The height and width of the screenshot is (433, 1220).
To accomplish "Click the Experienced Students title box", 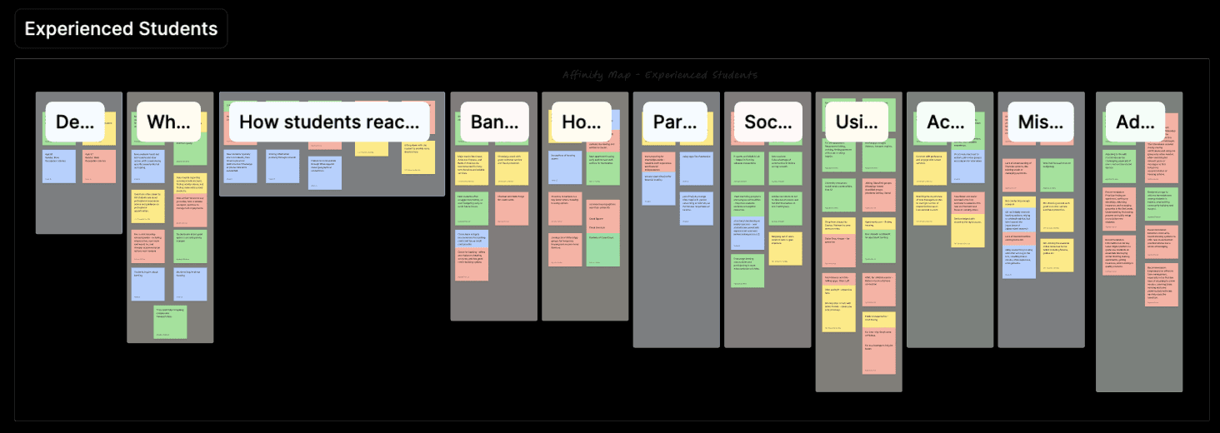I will click(121, 28).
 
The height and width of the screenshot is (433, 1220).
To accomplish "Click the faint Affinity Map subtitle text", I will click(659, 75).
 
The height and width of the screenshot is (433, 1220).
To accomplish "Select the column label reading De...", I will click(74, 122).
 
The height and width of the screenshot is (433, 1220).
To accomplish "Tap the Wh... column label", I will click(167, 122).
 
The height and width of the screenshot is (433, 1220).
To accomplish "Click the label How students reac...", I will click(329, 122).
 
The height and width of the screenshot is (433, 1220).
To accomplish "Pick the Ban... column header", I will click(494, 122).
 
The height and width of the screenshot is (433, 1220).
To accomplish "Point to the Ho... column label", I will click(580, 122).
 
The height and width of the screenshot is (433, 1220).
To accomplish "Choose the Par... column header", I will click(675, 122).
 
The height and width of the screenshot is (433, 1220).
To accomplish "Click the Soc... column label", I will click(767, 122).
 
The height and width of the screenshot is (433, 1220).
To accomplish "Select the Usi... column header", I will click(856, 122).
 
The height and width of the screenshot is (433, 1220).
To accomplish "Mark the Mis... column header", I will click(1040, 122).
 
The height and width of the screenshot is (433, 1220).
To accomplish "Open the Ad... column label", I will click(1135, 122).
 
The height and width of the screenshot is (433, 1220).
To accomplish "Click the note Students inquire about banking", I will click(149, 284).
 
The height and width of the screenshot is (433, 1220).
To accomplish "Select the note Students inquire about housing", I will click(191, 284).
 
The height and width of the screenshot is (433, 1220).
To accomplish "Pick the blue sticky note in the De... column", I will click(59, 166).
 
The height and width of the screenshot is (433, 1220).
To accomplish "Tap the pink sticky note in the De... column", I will click(99, 166).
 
